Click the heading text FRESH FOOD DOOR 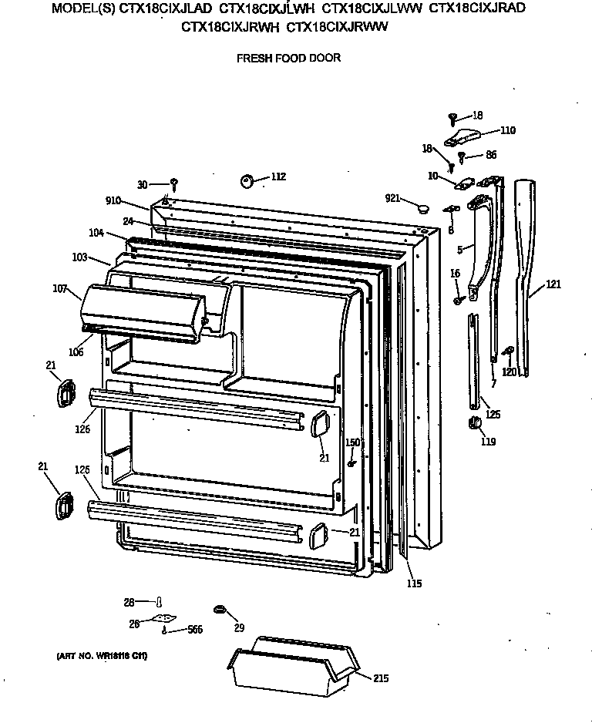click(x=288, y=58)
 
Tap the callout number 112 click(x=277, y=177)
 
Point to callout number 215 click(x=382, y=678)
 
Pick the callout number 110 click(x=507, y=130)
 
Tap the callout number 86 click(x=490, y=155)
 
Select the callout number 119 click(x=488, y=442)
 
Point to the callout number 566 click(x=195, y=630)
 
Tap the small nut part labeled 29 click(x=218, y=610)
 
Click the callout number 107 click(x=60, y=290)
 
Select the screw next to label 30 click(x=175, y=183)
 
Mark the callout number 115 click(x=414, y=583)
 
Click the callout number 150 click(x=351, y=442)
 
